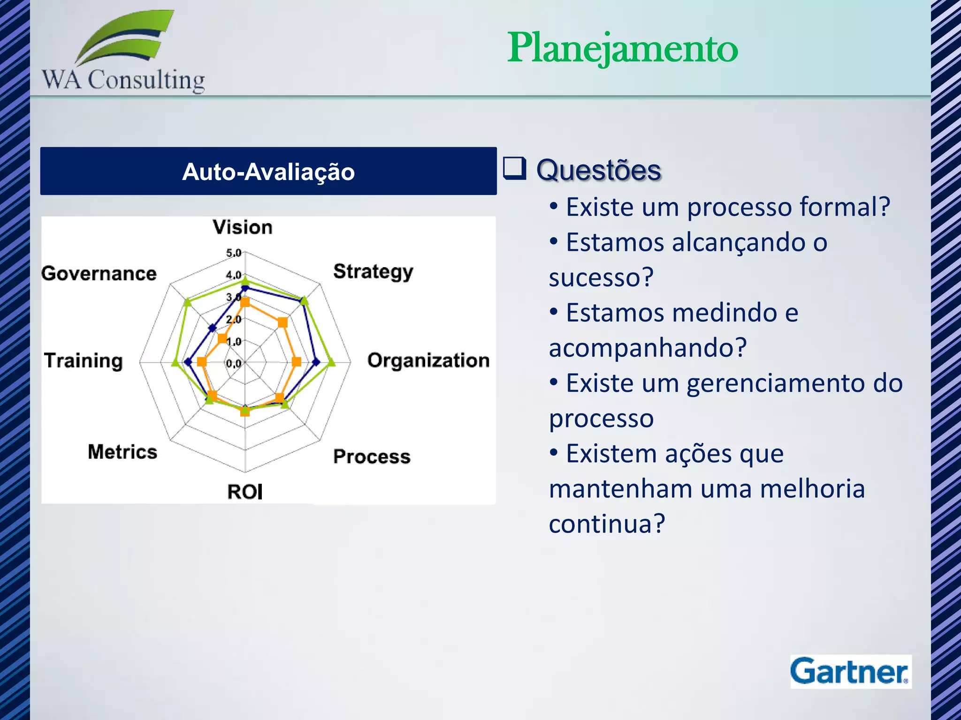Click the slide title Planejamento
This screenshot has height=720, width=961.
click(623, 48)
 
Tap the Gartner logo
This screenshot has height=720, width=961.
click(850, 671)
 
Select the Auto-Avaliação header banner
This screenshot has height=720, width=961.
click(268, 171)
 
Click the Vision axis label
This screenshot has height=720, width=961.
click(243, 227)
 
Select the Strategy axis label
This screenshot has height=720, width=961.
click(373, 271)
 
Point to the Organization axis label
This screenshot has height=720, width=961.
click(428, 360)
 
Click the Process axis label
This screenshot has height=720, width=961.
click(372, 457)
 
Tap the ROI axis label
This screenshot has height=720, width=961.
click(245, 492)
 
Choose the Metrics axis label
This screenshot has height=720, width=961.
click(122, 452)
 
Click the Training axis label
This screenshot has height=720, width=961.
click(84, 360)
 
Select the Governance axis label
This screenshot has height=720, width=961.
click(99, 273)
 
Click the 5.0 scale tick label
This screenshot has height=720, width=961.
click(234, 253)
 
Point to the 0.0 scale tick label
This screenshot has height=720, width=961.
click(234, 363)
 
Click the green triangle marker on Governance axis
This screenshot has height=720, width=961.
click(188, 302)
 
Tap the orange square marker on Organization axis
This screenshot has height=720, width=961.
click(296, 362)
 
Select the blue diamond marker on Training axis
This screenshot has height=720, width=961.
click(189, 362)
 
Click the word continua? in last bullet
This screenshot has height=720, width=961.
click(607, 524)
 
